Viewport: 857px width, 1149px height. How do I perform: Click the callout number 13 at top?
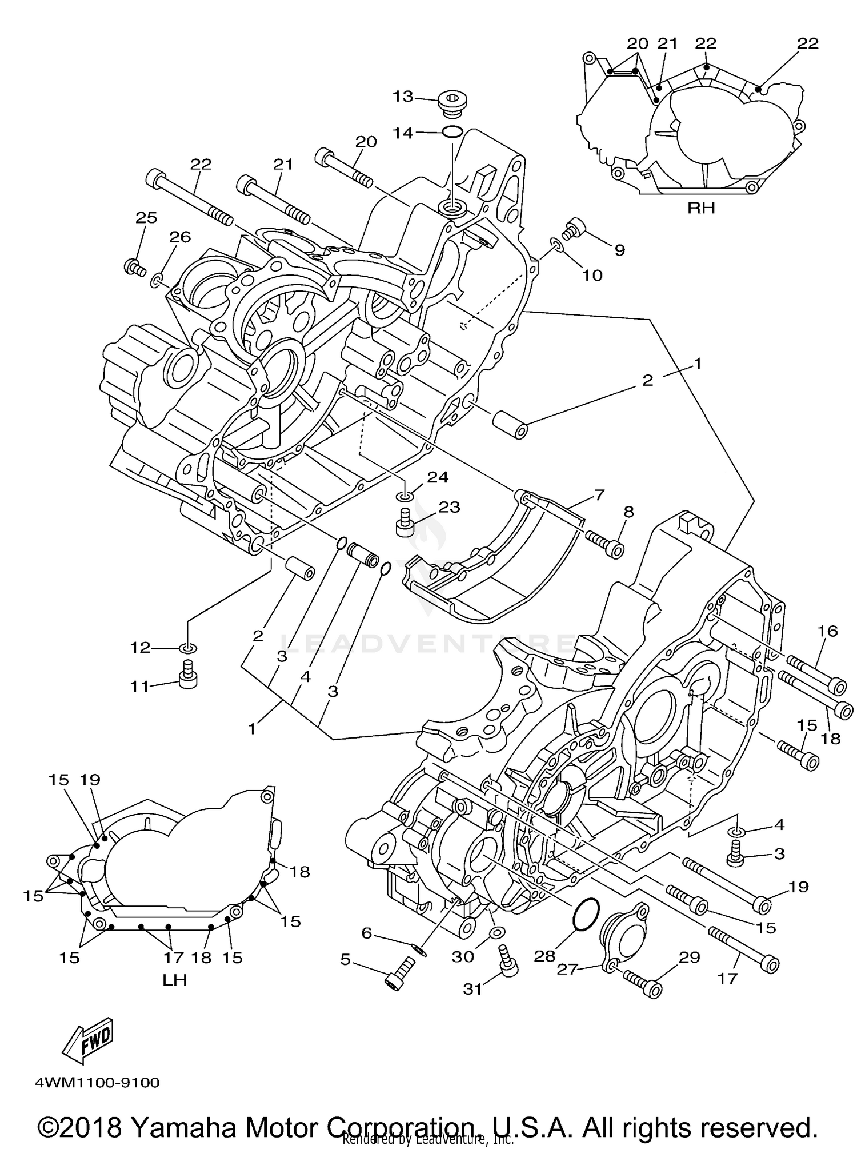click(x=402, y=97)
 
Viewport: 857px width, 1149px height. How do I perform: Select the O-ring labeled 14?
click(x=452, y=132)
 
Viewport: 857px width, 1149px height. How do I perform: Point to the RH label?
click(x=700, y=208)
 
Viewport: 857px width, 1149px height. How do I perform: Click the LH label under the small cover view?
click(x=175, y=980)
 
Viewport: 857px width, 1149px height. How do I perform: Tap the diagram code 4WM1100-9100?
click(x=97, y=1083)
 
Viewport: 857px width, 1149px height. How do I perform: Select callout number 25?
click(x=146, y=218)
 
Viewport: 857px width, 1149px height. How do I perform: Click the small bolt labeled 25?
click(x=134, y=267)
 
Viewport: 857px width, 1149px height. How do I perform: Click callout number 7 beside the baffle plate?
click(x=599, y=494)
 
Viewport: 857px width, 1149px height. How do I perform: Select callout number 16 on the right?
click(x=827, y=631)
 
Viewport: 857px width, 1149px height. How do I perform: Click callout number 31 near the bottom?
click(x=472, y=989)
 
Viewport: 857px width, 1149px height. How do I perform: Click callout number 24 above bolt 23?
click(x=438, y=477)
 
